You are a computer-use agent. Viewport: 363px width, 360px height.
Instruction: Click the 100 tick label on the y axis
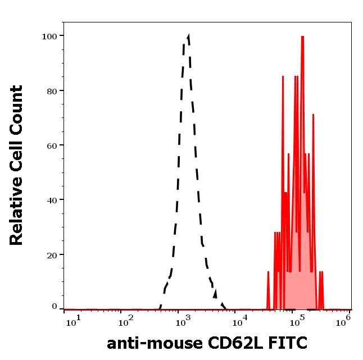click(x=49, y=37)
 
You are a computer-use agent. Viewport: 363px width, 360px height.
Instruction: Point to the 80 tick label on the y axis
click(x=51, y=91)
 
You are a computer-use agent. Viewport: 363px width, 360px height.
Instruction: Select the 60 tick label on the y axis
click(x=51, y=145)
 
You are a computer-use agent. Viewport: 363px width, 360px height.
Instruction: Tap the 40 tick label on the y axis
click(x=51, y=200)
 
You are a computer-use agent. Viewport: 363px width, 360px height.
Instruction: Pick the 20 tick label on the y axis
click(x=51, y=255)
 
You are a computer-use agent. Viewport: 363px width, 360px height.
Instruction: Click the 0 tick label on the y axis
click(x=55, y=307)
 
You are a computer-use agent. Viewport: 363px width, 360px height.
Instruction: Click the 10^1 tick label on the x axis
click(x=73, y=321)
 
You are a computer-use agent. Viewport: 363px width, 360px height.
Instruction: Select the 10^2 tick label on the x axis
click(x=126, y=321)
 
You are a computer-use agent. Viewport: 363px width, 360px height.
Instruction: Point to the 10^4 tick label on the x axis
click(x=241, y=321)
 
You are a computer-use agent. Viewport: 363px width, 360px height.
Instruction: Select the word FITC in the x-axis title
click(x=287, y=343)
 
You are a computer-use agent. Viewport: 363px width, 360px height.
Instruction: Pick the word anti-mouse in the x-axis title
click(x=151, y=343)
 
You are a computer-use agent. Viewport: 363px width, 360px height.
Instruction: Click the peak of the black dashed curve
click(x=188, y=35)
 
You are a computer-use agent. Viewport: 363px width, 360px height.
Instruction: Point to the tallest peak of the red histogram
click(x=302, y=37)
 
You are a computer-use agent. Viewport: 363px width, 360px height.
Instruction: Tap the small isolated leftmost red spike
click(x=269, y=272)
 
